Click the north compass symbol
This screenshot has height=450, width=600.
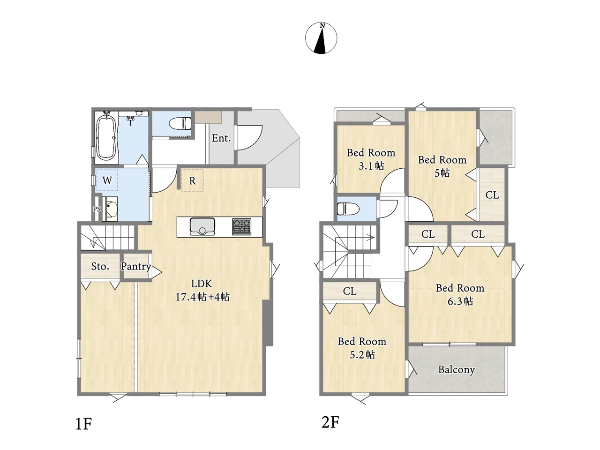click(x=321, y=38)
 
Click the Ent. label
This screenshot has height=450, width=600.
click(x=221, y=138)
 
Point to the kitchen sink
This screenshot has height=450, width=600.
click(x=202, y=226)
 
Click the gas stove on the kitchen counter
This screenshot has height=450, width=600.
click(x=241, y=226)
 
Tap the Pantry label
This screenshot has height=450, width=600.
click(x=136, y=266)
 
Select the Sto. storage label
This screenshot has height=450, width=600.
click(x=100, y=266)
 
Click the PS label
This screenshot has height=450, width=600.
click(x=97, y=209)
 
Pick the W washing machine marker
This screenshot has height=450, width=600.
click(x=107, y=180)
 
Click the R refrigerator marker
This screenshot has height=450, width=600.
click(x=193, y=180)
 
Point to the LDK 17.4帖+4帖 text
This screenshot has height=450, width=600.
click(x=202, y=290)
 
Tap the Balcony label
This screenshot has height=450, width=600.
click(x=456, y=370)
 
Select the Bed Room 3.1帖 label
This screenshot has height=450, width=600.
click(x=371, y=159)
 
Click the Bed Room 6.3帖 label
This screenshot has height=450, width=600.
click(x=460, y=294)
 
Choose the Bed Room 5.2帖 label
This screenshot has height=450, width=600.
click(x=362, y=348)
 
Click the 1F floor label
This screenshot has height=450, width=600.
click(x=83, y=424)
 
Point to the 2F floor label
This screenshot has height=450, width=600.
click(x=330, y=422)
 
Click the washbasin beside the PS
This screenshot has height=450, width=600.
click(x=110, y=209)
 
